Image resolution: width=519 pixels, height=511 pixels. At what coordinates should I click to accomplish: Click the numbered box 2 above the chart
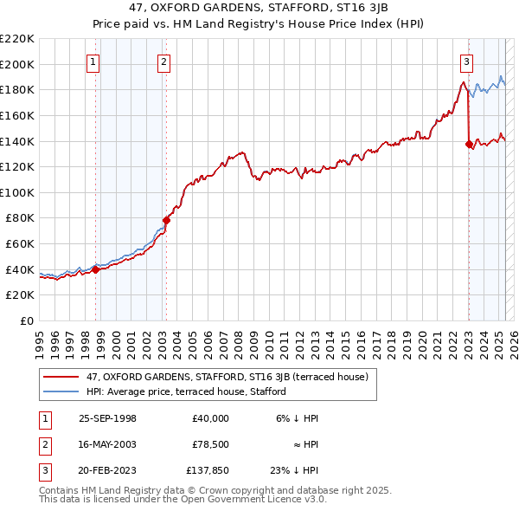pos(163,61)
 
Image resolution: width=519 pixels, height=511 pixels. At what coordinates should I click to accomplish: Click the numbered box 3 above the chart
pos(466,61)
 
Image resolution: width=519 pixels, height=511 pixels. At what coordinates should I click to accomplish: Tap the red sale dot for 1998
pos(96,269)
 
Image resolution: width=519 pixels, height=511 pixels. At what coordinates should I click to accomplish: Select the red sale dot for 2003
pos(167,220)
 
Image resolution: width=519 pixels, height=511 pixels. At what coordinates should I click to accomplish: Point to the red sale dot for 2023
pos(469,144)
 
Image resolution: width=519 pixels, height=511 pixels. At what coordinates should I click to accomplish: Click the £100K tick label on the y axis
pos(17,192)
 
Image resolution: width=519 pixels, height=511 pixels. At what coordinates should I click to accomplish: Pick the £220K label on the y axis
pos(17,39)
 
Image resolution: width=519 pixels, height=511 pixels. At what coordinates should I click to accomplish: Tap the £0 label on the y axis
pos(28,320)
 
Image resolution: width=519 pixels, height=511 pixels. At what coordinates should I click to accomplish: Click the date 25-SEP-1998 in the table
pos(107,418)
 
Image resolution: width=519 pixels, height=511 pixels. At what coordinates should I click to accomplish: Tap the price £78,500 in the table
pos(211,444)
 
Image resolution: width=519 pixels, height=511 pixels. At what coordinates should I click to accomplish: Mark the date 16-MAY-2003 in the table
pos(107,444)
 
